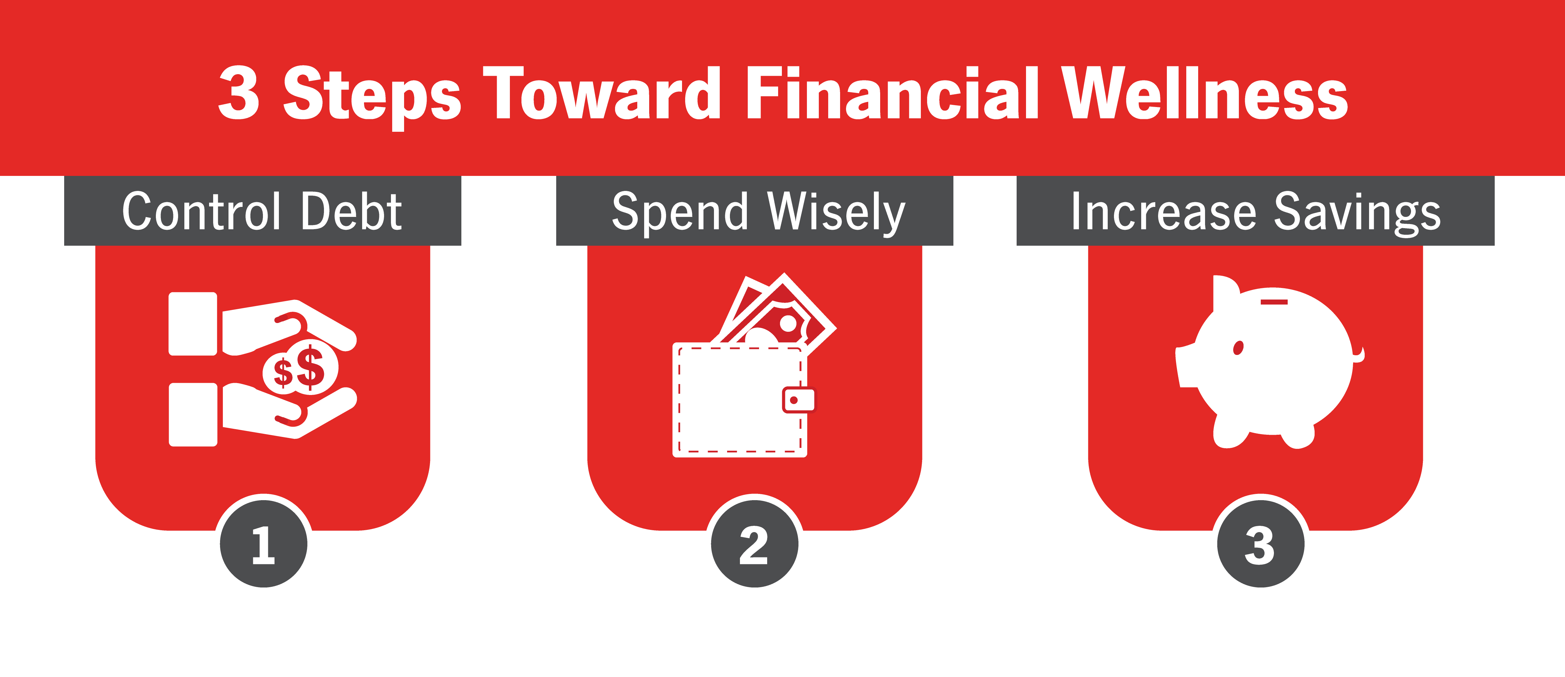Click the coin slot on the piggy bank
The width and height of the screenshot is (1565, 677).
(x=1274, y=301)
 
